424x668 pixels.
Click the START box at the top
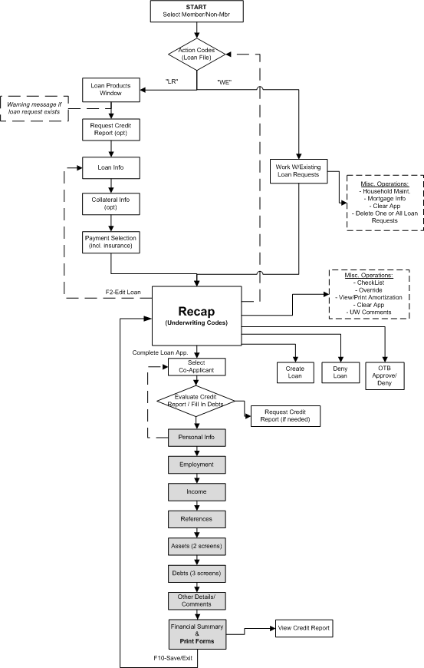(196, 12)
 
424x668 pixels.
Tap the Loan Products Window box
(112, 89)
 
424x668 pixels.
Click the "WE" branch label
(225, 81)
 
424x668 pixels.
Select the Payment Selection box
(112, 241)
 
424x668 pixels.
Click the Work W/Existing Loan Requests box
(299, 170)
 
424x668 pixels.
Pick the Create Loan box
(295, 373)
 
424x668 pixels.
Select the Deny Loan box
(340, 373)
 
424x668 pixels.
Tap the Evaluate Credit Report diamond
(196, 403)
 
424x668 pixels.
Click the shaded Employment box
(196, 465)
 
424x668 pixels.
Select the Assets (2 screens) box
(196, 546)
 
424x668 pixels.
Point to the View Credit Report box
(304, 628)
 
